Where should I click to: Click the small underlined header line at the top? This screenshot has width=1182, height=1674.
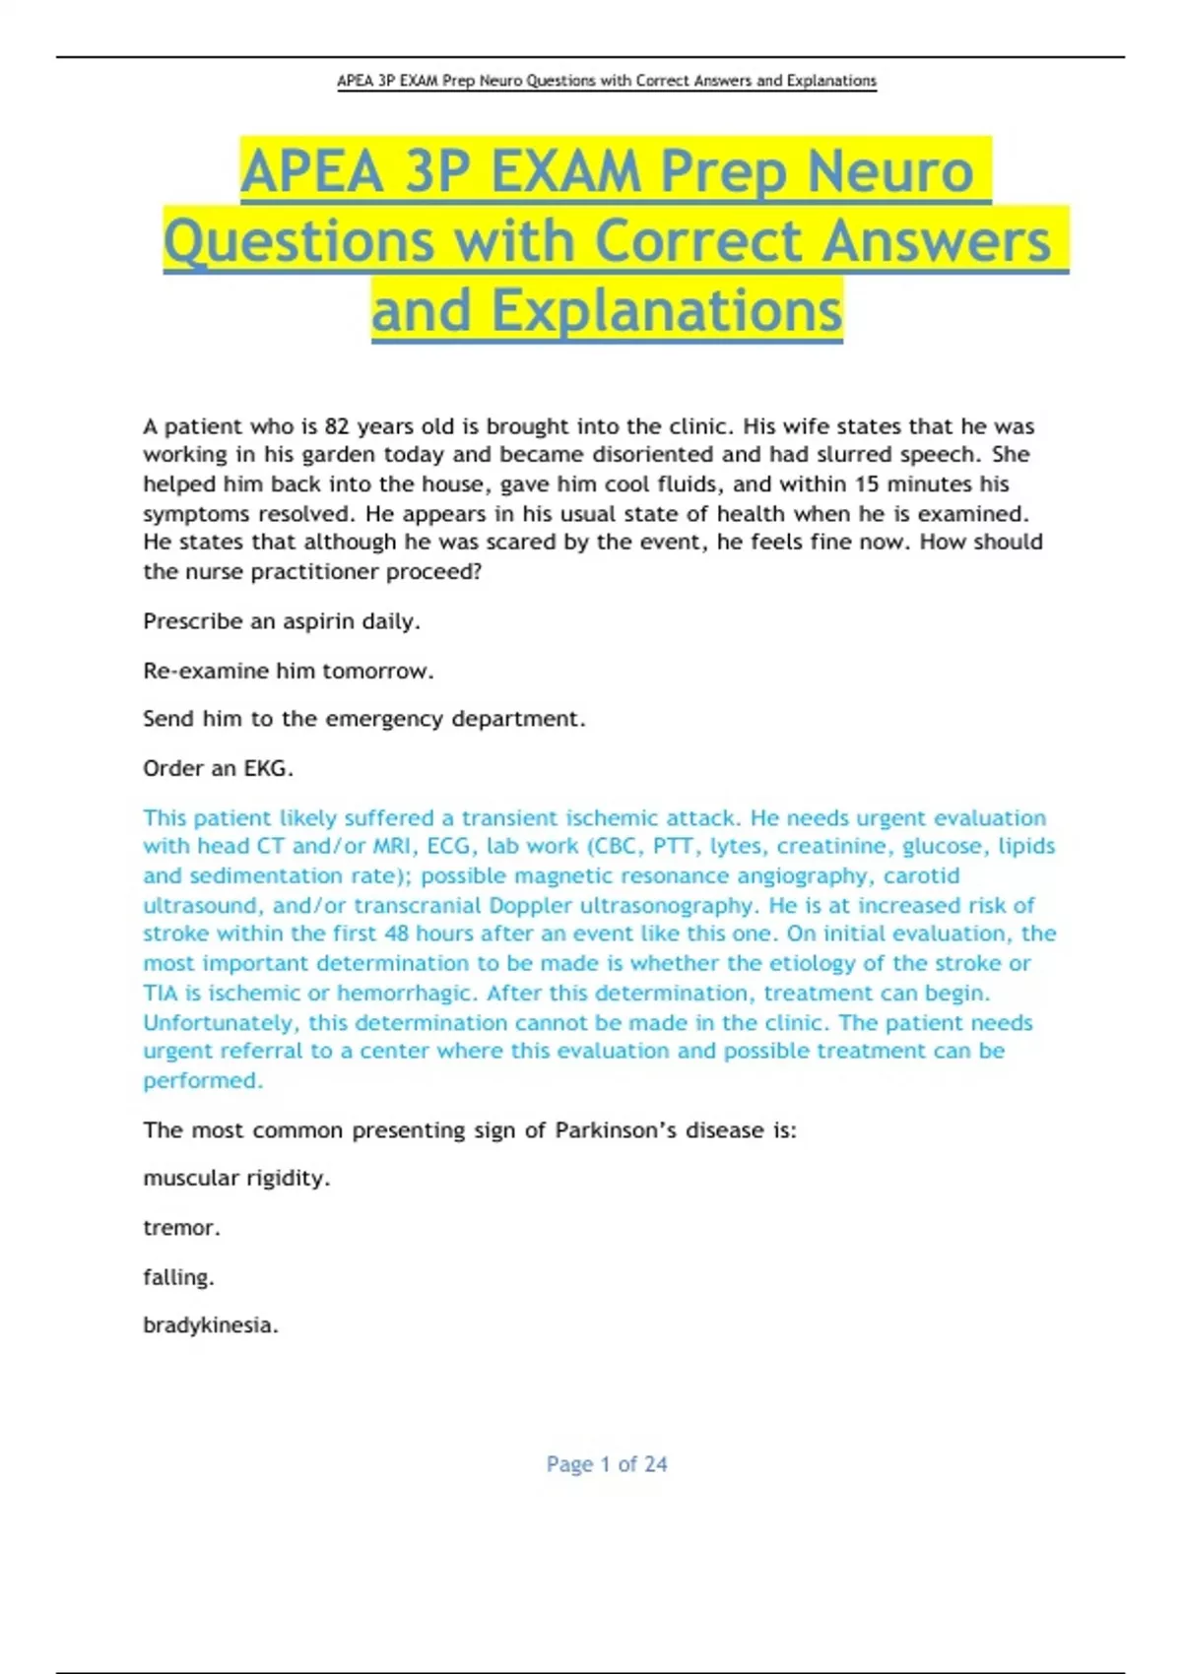point(606,81)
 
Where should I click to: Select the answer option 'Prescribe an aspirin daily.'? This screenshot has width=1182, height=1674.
point(282,621)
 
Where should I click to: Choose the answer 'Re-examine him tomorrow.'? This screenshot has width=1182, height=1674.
point(288,671)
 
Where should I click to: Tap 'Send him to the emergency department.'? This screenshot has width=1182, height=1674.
point(363,719)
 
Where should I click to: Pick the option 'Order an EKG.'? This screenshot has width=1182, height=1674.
point(218,768)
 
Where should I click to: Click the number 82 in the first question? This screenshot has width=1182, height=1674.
point(337,426)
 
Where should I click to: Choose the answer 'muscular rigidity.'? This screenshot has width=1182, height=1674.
point(236,1179)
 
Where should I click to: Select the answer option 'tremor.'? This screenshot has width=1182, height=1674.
point(181,1228)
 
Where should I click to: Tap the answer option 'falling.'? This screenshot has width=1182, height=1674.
point(178,1277)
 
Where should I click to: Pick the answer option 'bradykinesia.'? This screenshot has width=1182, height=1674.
point(210,1325)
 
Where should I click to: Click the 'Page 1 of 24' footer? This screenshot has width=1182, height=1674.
point(607,1464)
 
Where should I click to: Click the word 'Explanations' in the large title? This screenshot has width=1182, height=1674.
point(667,311)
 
